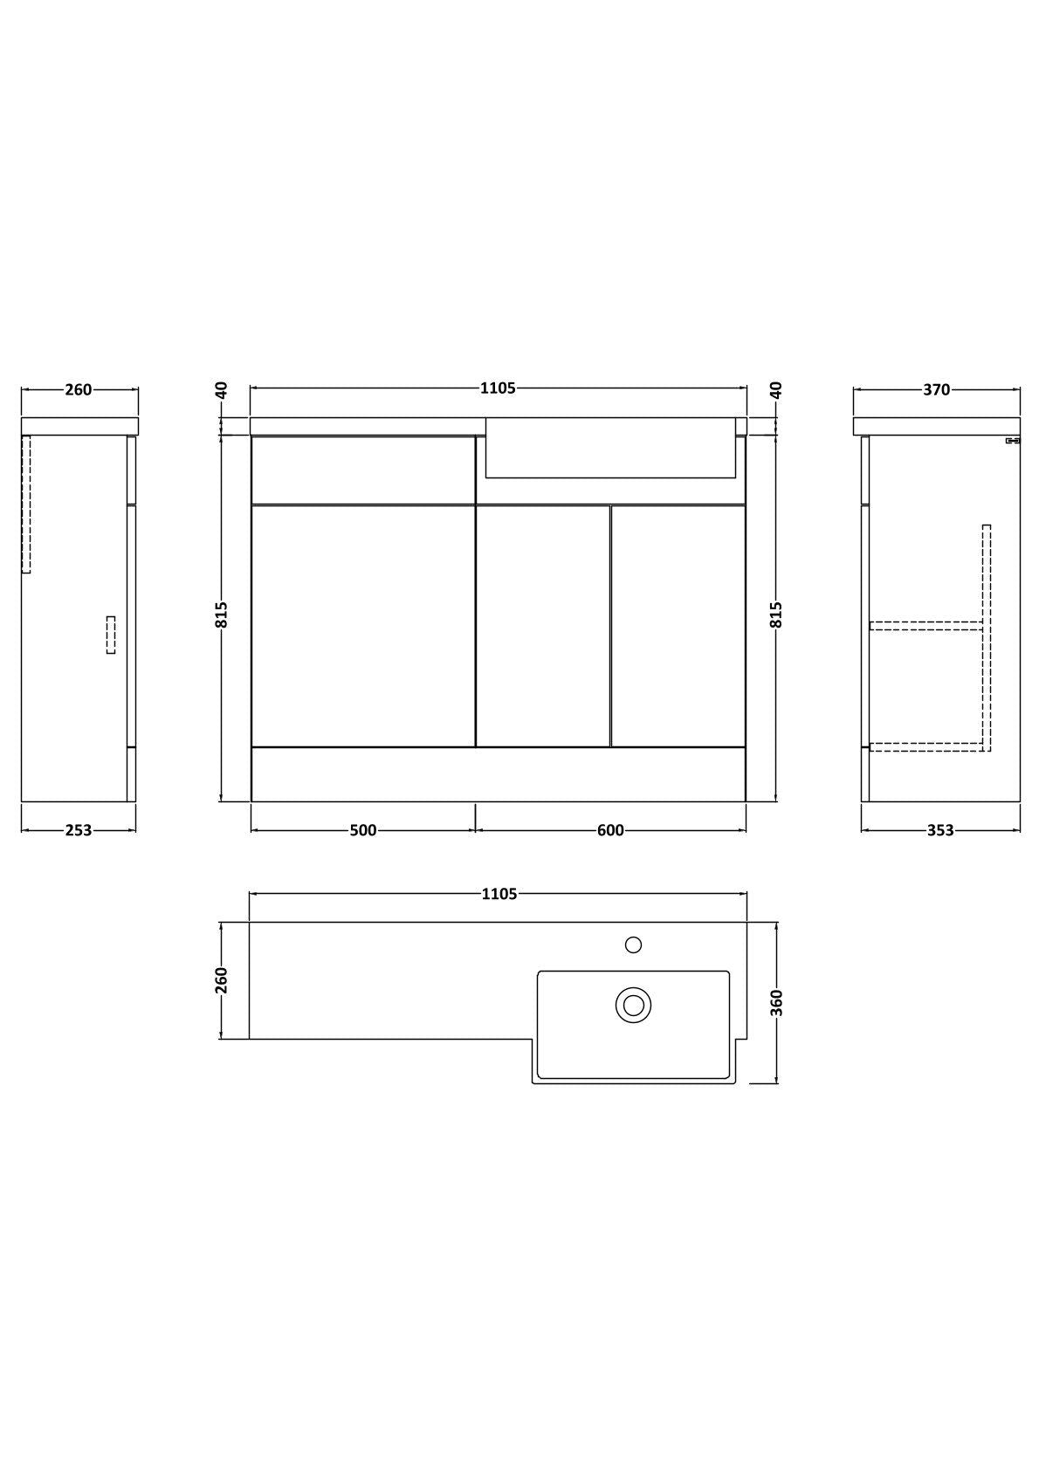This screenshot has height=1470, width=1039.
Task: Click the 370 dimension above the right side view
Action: pyautogui.click(x=936, y=390)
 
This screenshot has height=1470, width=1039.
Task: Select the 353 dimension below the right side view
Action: pyautogui.click(x=939, y=830)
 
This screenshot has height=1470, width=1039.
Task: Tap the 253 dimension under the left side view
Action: pyautogui.click(x=78, y=830)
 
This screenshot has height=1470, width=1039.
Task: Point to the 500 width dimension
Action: pyautogui.click(x=363, y=830)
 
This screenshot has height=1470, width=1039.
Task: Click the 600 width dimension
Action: pyautogui.click(x=610, y=830)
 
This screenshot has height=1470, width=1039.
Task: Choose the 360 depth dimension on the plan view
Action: pyautogui.click(x=776, y=1003)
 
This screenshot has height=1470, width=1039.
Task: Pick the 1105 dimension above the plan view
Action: pyautogui.click(x=499, y=894)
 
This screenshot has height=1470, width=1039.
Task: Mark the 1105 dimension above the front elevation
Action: pyautogui.click(x=499, y=388)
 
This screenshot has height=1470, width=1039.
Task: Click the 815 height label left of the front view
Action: pyautogui.click(x=222, y=615)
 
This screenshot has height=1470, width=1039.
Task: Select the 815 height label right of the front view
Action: pyautogui.click(x=776, y=615)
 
